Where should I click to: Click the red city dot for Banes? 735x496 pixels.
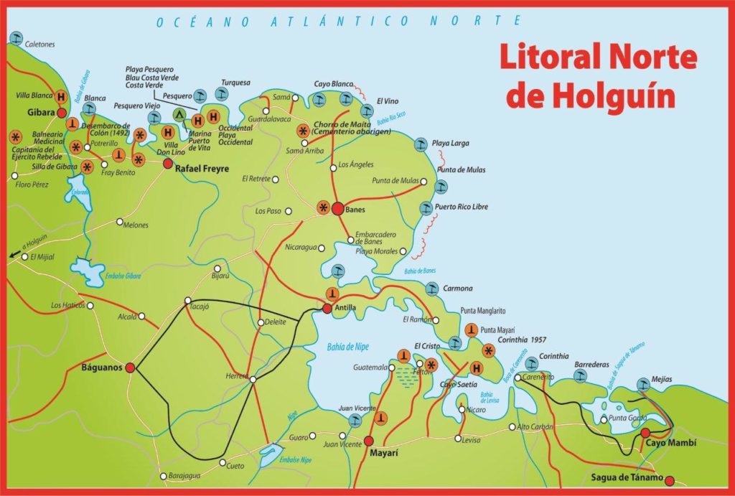point(337,209)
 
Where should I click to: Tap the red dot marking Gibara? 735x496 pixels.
point(62,113)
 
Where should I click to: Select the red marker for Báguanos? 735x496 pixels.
point(130,368)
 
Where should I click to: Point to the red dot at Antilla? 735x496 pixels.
point(327,309)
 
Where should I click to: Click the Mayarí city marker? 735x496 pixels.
point(369,441)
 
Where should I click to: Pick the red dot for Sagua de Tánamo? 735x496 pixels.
point(670,480)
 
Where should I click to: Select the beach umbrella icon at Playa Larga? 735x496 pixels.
point(421,144)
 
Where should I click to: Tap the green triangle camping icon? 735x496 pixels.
point(180,114)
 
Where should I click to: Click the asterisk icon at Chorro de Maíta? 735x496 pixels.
point(304,131)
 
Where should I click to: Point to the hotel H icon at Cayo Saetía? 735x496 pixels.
point(475,368)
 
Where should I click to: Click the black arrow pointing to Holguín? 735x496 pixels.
point(12,253)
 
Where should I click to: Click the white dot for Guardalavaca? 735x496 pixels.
point(266,111)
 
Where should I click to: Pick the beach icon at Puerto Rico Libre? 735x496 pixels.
point(423,209)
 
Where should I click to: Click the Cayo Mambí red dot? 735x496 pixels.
point(645,433)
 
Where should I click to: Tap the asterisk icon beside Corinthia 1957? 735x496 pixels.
point(489,350)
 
